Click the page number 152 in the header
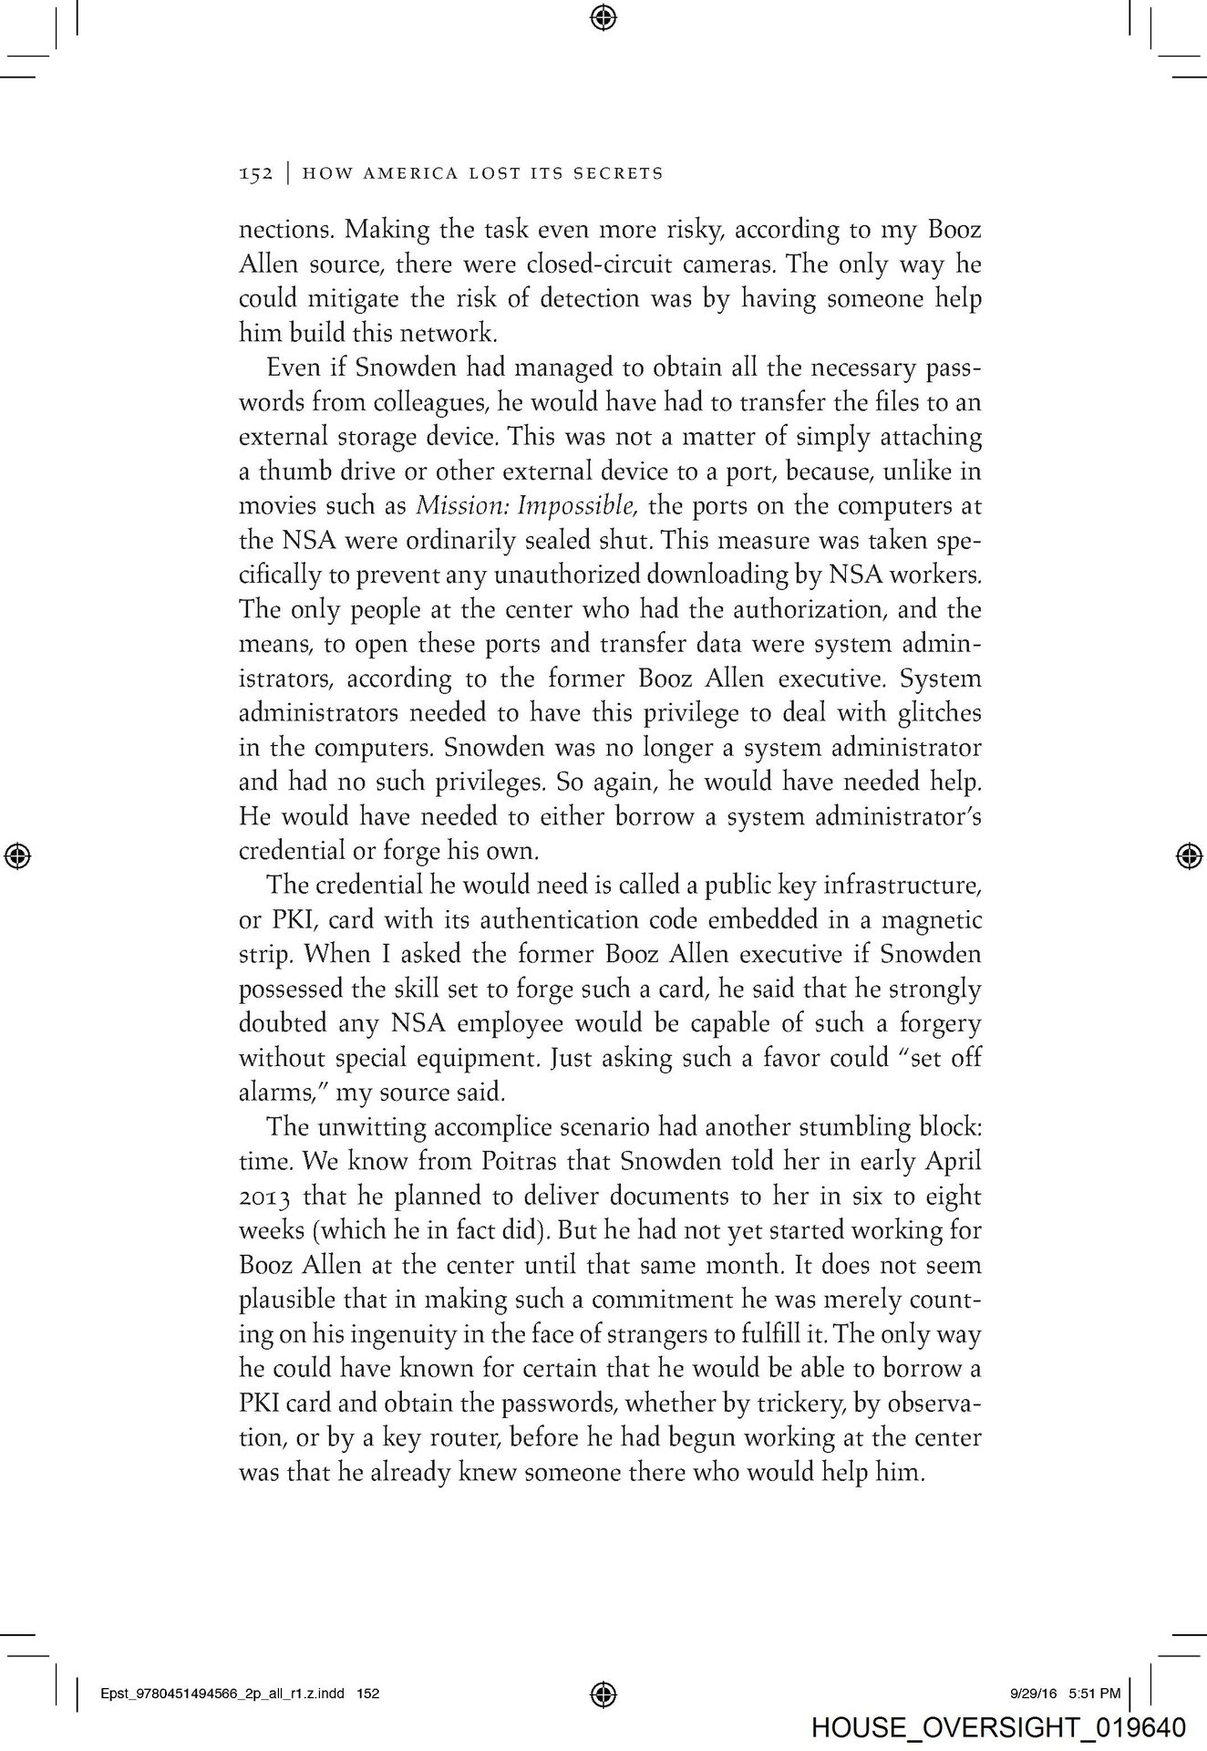coord(255,173)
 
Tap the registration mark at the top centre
coord(603,16)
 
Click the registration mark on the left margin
coord(18,855)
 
